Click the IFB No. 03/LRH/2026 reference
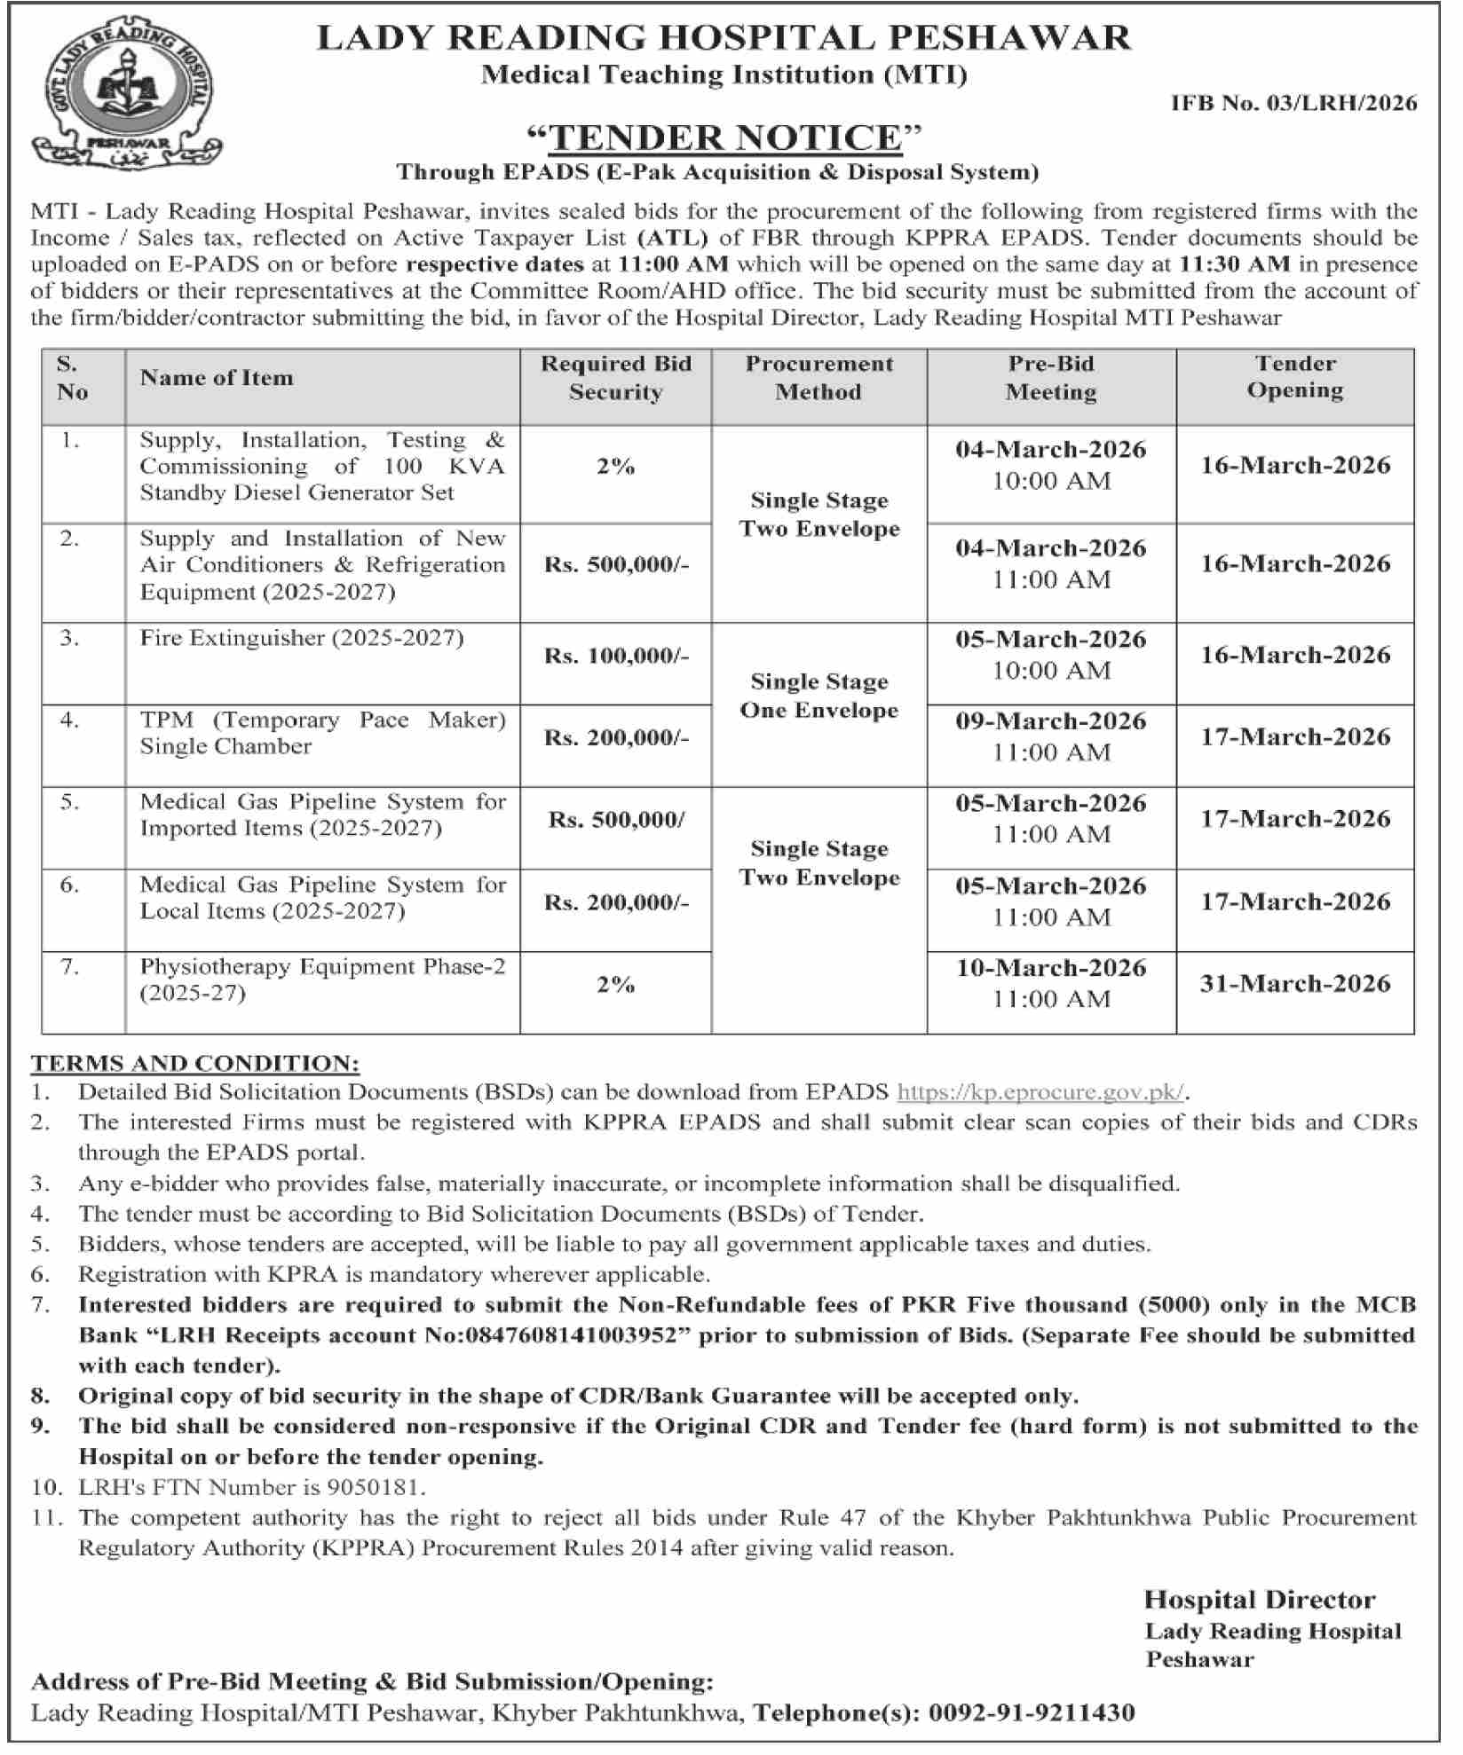1293,104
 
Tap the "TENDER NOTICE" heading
724,138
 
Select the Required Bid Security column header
615,378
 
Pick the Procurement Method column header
818,378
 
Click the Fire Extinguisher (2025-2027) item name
302,638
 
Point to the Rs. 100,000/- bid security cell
616,657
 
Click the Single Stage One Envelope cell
818,696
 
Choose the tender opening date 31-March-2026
1294,983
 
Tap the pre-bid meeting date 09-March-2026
1051,721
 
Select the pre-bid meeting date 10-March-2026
1051,968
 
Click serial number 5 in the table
70,802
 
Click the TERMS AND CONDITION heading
195,1063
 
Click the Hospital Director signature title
1259,1600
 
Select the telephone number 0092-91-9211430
1032,1712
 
